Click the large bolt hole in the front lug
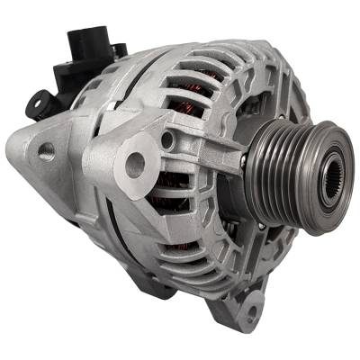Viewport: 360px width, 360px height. pos(135,164)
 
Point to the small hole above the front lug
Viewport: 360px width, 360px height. pos(167,139)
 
